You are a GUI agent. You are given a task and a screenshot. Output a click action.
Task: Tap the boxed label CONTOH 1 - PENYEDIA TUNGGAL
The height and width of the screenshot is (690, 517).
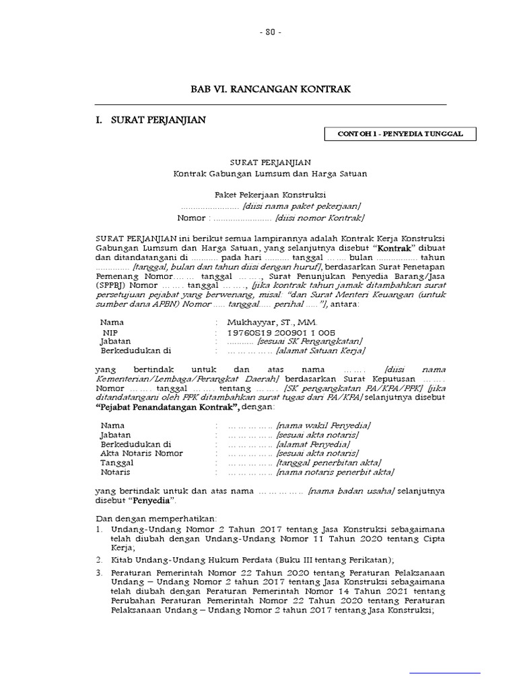click(x=400, y=134)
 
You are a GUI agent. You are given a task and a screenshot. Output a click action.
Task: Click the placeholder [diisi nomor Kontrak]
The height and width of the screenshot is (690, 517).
click(x=319, y=218)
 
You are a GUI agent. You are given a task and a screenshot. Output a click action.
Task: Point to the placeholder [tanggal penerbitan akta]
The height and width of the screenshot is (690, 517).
click(x=328, y=463)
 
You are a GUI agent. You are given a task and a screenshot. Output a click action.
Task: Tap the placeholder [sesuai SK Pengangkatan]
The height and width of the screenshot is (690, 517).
click(x=310, y=342)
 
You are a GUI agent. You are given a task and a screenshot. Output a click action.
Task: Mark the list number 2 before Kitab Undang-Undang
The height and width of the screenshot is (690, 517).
click(x=98, y=559)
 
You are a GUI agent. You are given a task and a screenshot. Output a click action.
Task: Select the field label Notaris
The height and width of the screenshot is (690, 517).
click(x=116, y=472)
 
